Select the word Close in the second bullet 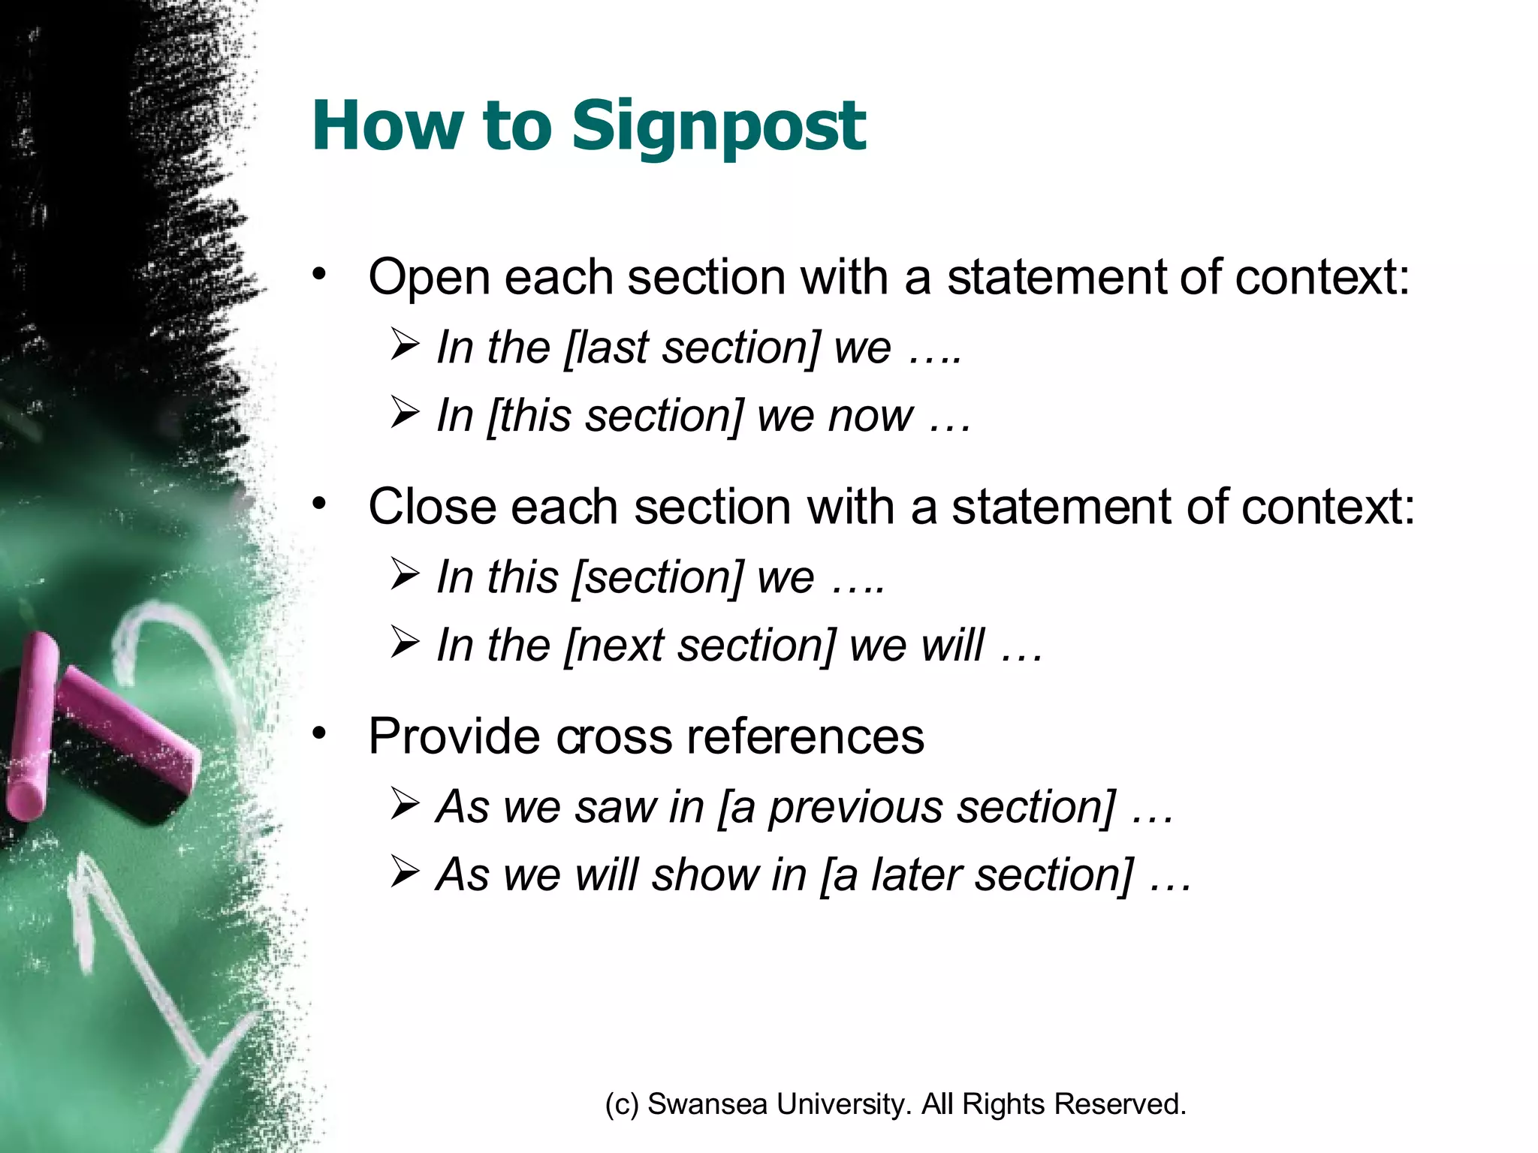(431, 507)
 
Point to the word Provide (454, 736)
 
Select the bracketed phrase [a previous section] (917, 807)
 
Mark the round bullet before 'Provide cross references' (321, 733)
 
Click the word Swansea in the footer (707, 1104)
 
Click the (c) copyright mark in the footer (622, 1105)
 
